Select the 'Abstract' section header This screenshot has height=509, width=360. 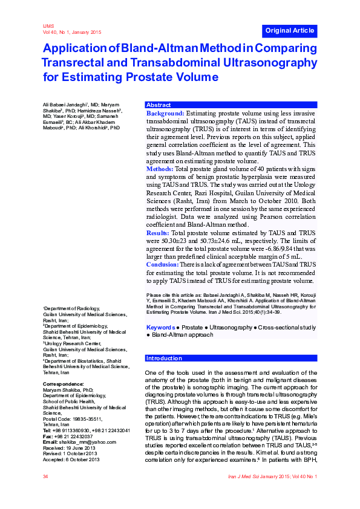coord(159,105)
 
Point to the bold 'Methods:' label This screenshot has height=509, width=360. coord(160,169)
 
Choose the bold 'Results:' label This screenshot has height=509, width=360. coord(158,232)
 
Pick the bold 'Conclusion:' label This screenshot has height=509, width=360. coord(162,264)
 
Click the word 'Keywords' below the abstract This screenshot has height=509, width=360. coord(160,327)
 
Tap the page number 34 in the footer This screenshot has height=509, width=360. coord(45,477)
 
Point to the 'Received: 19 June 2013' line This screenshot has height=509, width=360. coord(70,447)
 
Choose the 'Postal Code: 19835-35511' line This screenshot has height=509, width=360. coord(73,418)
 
